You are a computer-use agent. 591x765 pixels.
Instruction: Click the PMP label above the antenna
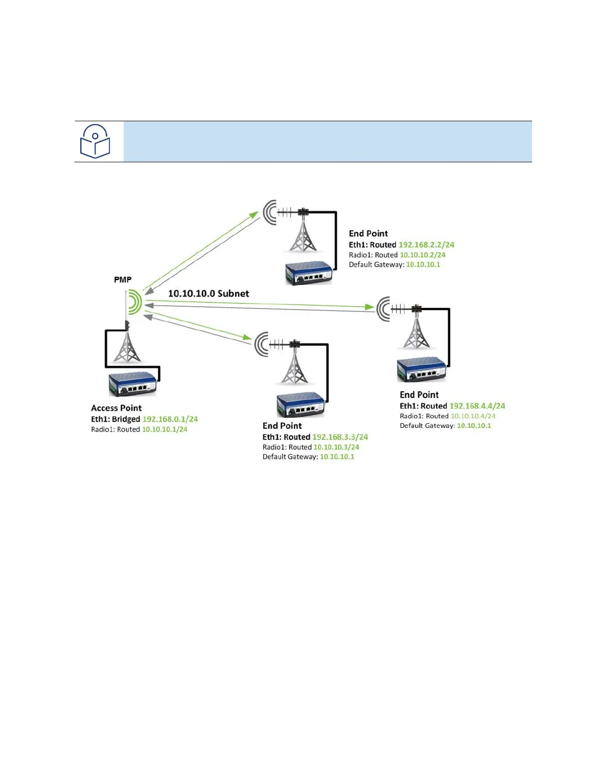[123, 280]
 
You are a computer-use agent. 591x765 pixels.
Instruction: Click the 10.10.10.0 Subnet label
[209, 294]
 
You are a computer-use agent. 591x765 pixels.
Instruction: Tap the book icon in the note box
[95, 141]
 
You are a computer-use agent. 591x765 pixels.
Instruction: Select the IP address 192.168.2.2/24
[426, 245]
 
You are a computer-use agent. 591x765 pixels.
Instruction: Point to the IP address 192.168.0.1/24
[170, 419]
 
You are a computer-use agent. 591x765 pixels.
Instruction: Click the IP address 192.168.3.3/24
[340, 437]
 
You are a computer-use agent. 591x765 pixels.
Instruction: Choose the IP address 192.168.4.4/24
[477, 406]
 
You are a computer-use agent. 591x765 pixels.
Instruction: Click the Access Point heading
[116, 408]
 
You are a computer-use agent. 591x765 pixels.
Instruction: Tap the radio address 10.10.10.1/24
[165, 429]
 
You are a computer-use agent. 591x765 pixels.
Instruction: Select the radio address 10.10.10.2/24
[422, 255]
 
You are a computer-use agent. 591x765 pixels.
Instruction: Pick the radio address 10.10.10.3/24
[336, 447]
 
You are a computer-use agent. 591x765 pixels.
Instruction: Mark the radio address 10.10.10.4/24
[473, 416]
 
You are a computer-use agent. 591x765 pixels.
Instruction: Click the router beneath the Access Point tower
[132, 384]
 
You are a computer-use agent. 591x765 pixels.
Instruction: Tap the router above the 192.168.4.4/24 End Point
[421, 369]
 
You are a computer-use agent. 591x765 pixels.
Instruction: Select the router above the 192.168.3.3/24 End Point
[300, 405]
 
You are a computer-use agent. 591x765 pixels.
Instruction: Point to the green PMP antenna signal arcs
[135, 303]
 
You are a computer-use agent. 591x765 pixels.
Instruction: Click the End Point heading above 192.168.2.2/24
[368, 234]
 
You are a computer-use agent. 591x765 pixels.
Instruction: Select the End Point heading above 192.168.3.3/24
[282, 426]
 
